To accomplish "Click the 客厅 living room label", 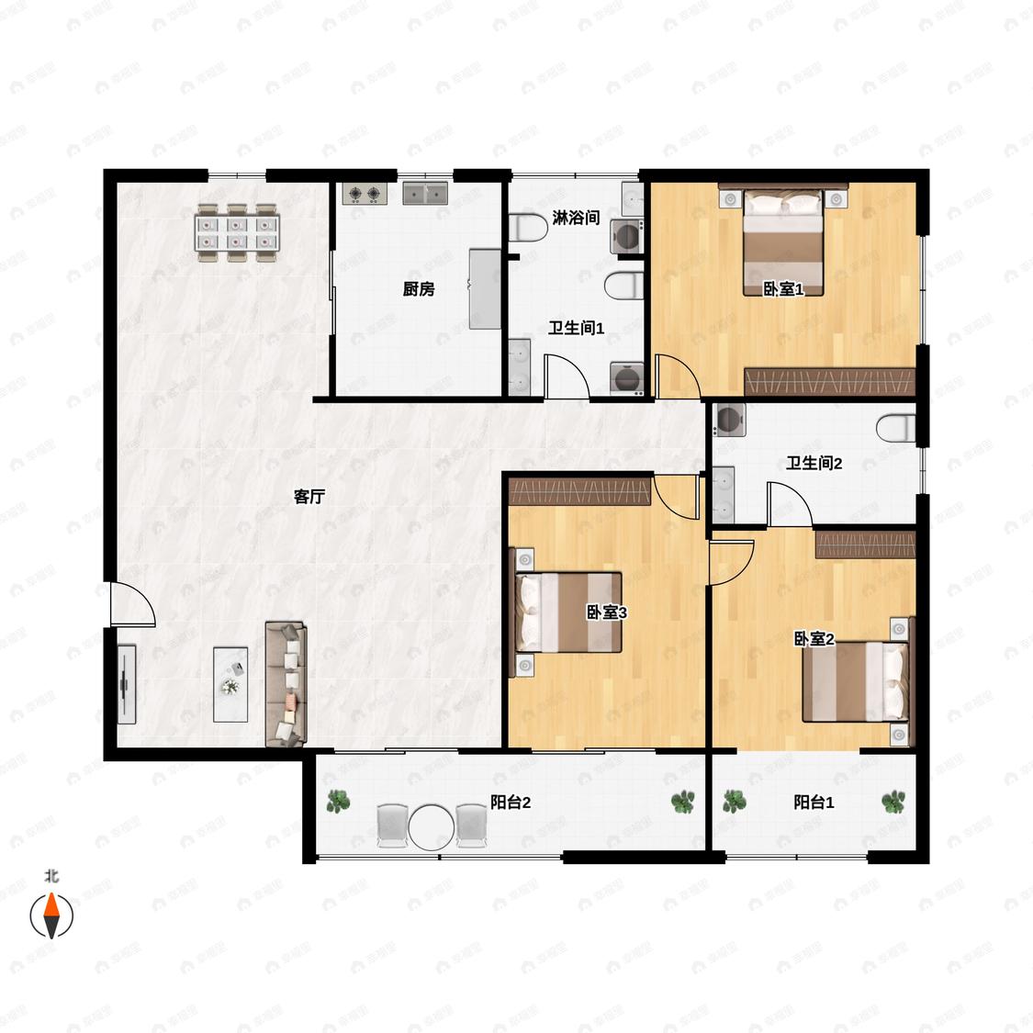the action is (x=309, y=497).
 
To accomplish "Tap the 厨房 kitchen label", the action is (x=419, y=288).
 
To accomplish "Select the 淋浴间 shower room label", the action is (x=576, y=218).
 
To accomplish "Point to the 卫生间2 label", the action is (x=814, y=463).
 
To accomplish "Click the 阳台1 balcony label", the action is (x=814, y=802).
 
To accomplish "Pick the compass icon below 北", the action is (x=51, y=915).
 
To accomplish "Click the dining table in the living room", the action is (x=237, y=233).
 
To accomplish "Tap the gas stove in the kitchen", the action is (x=365, y=194).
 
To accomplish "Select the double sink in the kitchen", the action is (x=425, y=194).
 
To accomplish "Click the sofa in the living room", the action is (x=286, y=684).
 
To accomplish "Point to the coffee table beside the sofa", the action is (x=230, y=684).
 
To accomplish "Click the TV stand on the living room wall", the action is (x=127, y=684).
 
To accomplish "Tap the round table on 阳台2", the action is (x=432, y=826).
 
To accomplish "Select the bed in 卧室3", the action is (x=568, y=612).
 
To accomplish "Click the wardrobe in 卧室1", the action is (x=830, y=382).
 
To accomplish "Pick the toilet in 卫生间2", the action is (x=896, y=428).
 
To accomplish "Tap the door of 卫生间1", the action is (x=567, y=376).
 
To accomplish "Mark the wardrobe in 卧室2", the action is (x=866, y=545).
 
